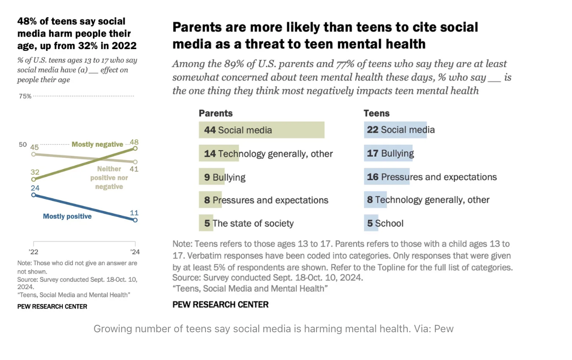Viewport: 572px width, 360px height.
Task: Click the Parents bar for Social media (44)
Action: (x=261, y=130)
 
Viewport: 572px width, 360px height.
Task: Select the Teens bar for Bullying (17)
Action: (x=389, y=153)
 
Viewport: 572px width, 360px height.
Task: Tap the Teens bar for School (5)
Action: (x=371, y=223)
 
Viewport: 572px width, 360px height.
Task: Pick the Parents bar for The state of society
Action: (x=206, y=223)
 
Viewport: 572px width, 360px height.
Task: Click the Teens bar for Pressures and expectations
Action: (x=386, y=177)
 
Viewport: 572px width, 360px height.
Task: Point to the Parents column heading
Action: (x=216, y=113)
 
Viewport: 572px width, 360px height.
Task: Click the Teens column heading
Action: (x=376, y=113)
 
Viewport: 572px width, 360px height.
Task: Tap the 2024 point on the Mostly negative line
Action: (x=135, y=149)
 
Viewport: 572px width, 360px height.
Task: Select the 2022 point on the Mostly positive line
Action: (x=33, y=195)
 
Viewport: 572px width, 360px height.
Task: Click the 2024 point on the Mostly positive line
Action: (x=135, y=220)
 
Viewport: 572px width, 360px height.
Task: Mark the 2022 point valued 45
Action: (x=33, y=154)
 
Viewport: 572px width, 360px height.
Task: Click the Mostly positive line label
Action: (x=67, y=216)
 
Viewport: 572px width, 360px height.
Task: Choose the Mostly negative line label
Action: (x=97, y=144)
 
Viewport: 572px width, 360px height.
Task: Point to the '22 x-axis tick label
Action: (x=33, y=252)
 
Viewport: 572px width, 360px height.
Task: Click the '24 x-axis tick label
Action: (x=135, y=252)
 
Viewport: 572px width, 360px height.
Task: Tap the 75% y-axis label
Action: (x=25, y=96)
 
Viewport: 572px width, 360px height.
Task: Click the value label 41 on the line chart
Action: (x=134, y=169)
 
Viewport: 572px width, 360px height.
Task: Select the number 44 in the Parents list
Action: (x=210, y=130)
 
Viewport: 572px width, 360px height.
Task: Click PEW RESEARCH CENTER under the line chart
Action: (x=52, y=306)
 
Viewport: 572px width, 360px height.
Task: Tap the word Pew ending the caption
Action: (x=444, y=329)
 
